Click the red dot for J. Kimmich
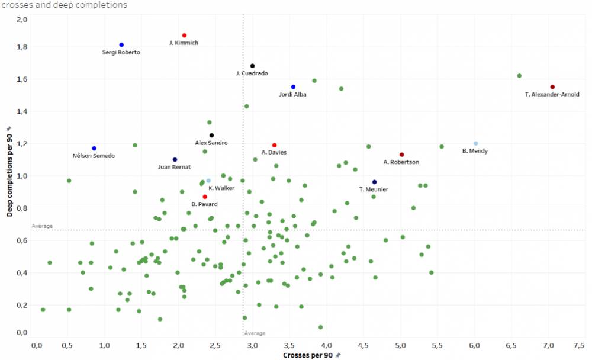click(184, 36)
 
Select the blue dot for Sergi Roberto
click(121, 45)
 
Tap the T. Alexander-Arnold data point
click(552, 87)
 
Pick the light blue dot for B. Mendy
click(475, 143)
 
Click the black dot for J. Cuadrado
click(252, 66)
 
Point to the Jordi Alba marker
click(293, 87)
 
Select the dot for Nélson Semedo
click(94, 149)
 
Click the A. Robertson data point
click(401, 155)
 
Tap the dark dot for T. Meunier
click(374, 182)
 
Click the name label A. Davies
click(274, 152)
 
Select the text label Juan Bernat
click(175, 167)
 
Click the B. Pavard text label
click(205, 204)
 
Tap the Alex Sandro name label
click(211, 143)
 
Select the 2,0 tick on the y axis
click(22, 20)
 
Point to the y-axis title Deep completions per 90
click(9, 171)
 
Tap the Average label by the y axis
click(42, 226)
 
